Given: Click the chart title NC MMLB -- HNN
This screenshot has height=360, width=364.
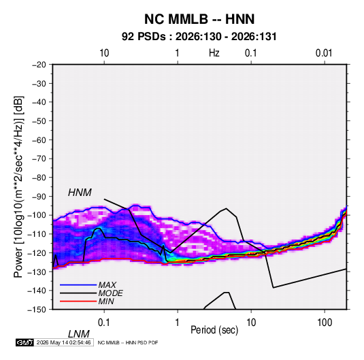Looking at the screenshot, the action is pos(199,19).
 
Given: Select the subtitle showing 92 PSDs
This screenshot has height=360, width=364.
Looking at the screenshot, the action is pos(199,37).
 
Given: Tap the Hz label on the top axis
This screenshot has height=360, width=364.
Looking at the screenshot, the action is pos(214,53).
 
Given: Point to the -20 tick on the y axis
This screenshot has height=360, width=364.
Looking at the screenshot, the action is pos(39,65).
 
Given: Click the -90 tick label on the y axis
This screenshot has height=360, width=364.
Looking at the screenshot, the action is pos(39,197).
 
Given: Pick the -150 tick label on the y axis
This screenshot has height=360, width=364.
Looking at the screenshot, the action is pos(37,310).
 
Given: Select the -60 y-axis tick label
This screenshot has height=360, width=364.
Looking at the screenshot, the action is pos(39,140).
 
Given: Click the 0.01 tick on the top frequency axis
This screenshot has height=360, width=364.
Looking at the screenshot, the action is pos(324,53).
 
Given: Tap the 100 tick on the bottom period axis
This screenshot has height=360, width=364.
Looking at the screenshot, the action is pos(325,322).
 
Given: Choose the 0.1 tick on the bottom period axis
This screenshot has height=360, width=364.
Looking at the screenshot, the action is pos(104,322).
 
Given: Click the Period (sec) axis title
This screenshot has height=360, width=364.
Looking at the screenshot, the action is pos(214,330).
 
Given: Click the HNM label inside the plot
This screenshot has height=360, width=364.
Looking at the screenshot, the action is pos(80,193).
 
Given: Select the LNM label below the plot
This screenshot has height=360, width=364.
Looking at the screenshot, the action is pos(79,334).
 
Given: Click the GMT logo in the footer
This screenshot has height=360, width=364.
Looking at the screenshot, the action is pos(24,342).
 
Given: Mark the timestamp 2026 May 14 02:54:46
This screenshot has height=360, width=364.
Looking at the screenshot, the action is pos(63,342).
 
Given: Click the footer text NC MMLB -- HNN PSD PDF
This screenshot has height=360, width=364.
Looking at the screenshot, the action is pos(128,343).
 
